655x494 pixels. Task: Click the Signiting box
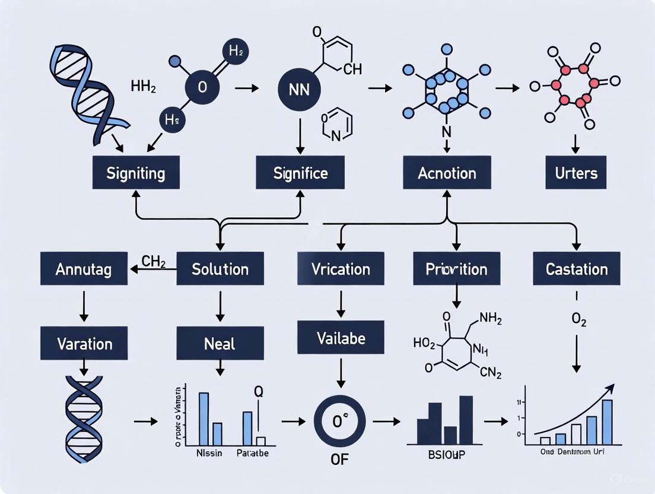(x=136, y=173)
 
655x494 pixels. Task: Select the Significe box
(x=300, y=173)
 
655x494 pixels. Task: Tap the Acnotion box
(x=447, y=173)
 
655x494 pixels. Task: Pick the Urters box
(x=576, y=173)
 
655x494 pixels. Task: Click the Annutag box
(x=84, y=269)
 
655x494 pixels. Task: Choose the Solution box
(x=220, y=269)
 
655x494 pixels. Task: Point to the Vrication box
(x=341, y=269)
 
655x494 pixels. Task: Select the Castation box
(x=576, y=269)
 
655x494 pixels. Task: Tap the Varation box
(x=84, y=343)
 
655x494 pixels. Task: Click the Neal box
(x=220, y=343)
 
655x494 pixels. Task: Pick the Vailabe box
(x=341, y=338)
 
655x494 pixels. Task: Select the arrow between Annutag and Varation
(x=84, y=304)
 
